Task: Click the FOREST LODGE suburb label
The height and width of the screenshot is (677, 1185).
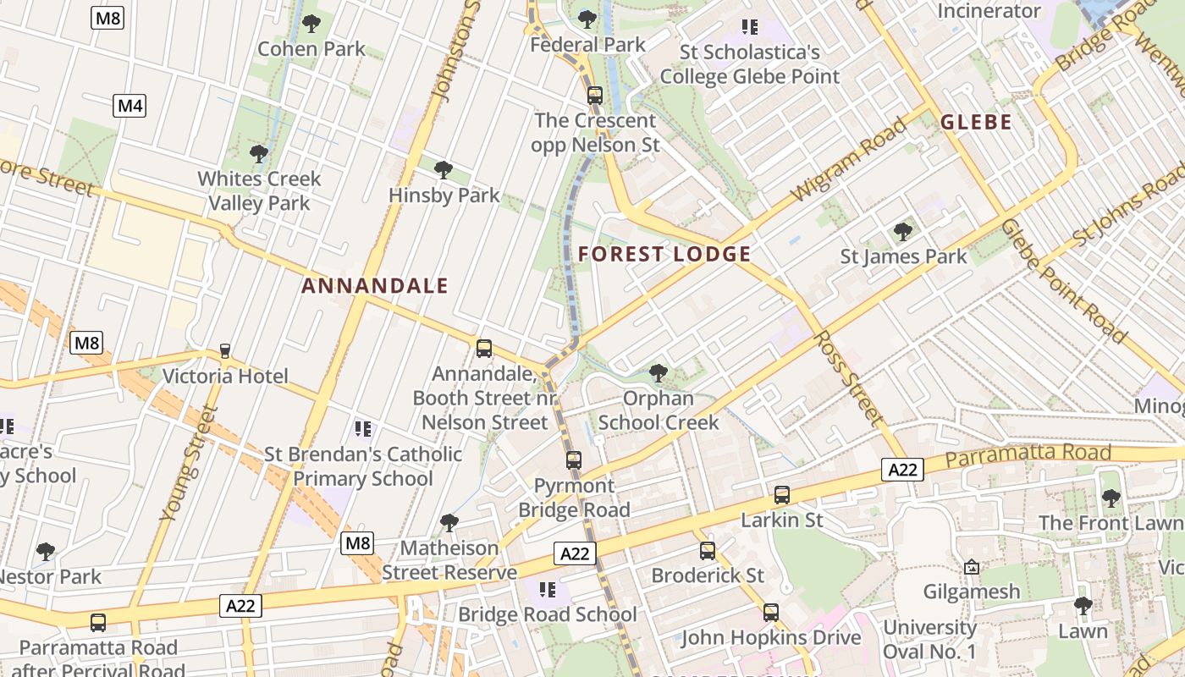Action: coord(664,254)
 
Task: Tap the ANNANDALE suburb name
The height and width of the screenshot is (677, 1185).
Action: coord(375,286)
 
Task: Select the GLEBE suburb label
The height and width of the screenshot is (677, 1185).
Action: coord(976,122)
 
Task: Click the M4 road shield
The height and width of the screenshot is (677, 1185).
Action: coord(130,106)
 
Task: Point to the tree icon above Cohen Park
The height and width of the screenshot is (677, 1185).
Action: coord(311,24)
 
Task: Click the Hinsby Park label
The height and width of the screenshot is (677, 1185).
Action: coord(444,195)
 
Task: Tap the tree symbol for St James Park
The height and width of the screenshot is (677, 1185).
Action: coord(903,231)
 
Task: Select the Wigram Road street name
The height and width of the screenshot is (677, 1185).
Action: coord(849,160)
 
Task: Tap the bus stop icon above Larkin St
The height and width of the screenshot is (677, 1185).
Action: coord(782,495)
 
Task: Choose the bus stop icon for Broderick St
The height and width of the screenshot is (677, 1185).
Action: coord(708,551)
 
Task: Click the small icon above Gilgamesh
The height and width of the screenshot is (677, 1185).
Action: coord(972,567)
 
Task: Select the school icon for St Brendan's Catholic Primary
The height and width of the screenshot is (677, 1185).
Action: coord(363,429)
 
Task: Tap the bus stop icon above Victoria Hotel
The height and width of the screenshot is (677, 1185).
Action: coord(225,351)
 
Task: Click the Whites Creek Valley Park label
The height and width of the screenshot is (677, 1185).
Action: coord(259,190)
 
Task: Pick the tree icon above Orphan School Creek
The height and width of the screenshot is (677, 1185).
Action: coord(658,372)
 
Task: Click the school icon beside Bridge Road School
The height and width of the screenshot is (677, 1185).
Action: coord(547,590)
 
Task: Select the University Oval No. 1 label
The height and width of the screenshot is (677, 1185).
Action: coord(929,639)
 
